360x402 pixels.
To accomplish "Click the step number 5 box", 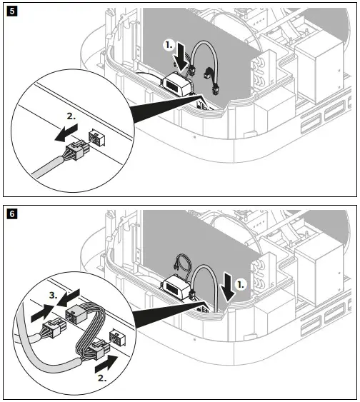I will coord(11,11).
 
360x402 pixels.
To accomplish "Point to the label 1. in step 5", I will coord(169,45).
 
